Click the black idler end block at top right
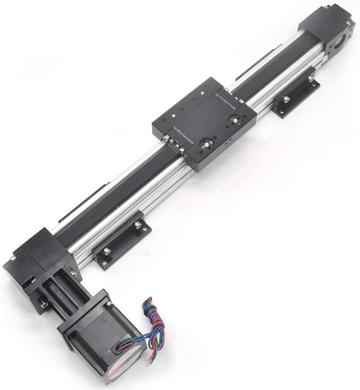(332, 31)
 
